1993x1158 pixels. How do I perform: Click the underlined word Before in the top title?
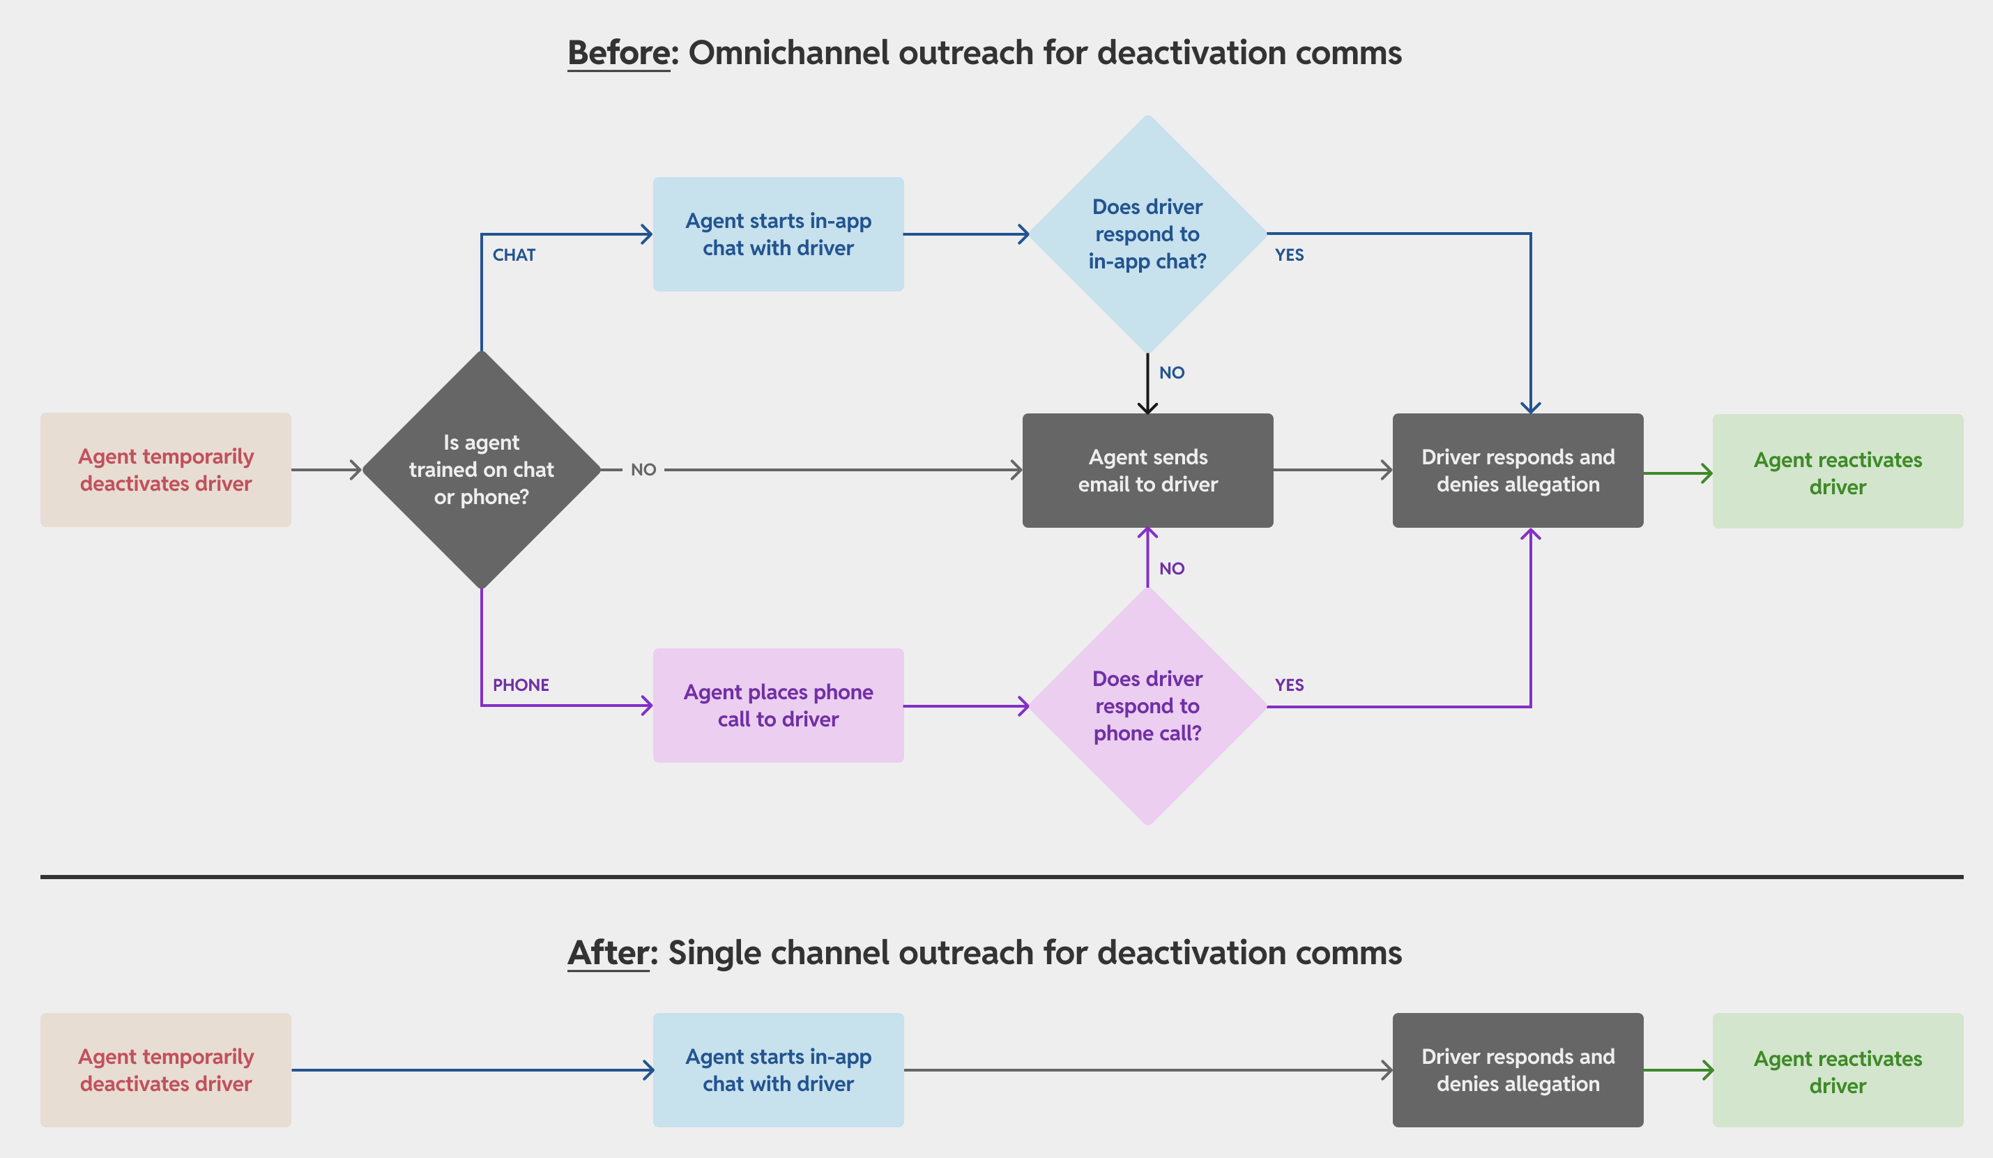tap(618, 53)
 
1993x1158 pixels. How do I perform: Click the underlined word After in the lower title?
tap(607, 952)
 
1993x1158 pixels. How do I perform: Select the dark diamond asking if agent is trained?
tap(481, 470)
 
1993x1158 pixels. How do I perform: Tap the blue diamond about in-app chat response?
tap(1147, 234)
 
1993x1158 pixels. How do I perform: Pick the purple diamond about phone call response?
tap(1147, 706)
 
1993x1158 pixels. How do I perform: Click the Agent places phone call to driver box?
tap(778, 706)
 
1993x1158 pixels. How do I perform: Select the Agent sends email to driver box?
tap(1147, 471)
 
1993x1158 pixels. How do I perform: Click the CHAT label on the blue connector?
tap(513, 254)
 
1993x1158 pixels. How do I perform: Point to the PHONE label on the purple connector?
tap(521, 685)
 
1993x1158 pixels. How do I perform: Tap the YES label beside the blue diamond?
tap(1289, 254)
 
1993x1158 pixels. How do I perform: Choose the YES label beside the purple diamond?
tap(1289, 685)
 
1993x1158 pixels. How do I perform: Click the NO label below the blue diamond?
tap(1171, 372)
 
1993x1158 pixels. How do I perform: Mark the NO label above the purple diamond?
tap(1171, 569)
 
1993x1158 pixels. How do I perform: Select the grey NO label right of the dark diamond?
tap(643, 470)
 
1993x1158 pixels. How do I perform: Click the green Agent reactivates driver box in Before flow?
tap(1837, 472)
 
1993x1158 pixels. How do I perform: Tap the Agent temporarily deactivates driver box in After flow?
tap(165, 1070)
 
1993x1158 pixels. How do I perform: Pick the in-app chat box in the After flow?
tap(778, 1070)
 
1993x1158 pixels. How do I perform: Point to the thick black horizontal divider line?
tap(1001, 876)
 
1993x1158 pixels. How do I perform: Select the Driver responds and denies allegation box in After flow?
tap(1517, 1070)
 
